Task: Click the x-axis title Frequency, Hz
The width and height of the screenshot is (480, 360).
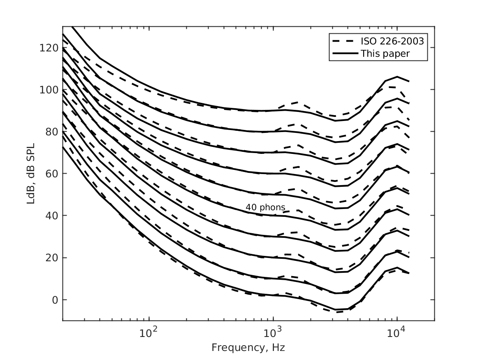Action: point(248,348)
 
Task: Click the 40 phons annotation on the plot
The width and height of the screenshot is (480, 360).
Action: point(265,207)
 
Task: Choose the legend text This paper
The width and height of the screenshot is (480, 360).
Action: point(385,53)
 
